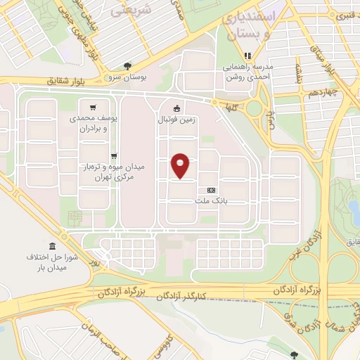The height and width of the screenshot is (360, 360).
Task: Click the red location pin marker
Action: (x=181, y=165)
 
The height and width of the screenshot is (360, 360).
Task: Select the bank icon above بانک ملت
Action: (x=211, y=190)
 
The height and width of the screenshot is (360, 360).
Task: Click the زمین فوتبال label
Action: (x=176, y=120)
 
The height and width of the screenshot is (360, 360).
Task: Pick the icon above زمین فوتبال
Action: (x=176, y=108)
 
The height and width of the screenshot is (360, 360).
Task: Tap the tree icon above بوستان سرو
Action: (x=127, y=65)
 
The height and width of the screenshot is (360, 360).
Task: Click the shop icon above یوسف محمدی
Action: (x=114, y=109)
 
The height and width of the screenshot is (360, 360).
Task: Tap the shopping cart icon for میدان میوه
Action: (x=114, y=156)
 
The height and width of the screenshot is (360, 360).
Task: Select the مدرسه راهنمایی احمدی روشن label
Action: (x=247, y=71)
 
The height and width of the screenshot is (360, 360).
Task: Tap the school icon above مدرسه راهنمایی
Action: (x=247, y=56)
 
